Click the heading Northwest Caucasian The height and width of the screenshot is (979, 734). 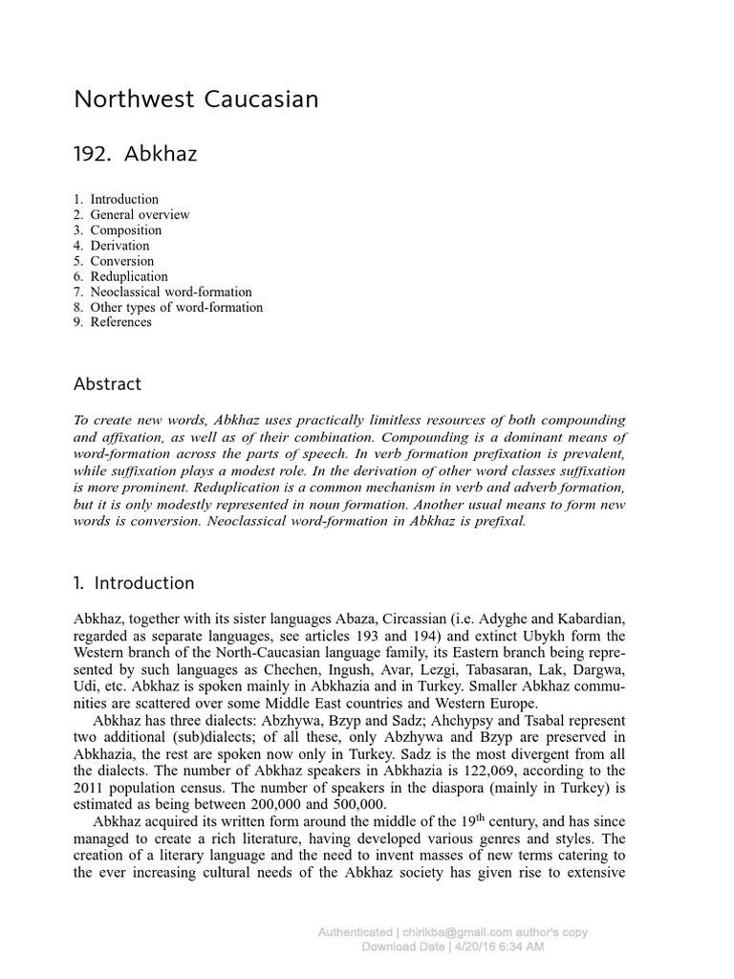(196, 99)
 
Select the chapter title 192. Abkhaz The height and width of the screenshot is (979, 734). (135, 153)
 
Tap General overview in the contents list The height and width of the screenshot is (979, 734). (140, 215)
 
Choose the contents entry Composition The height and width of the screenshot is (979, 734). (126, 230)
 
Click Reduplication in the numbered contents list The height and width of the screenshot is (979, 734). (129, 276)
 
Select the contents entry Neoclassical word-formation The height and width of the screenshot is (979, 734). (171, 292)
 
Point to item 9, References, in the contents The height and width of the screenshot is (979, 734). (120, 322)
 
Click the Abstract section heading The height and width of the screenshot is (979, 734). (107, 384)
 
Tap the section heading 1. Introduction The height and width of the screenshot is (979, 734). (134, 583)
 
